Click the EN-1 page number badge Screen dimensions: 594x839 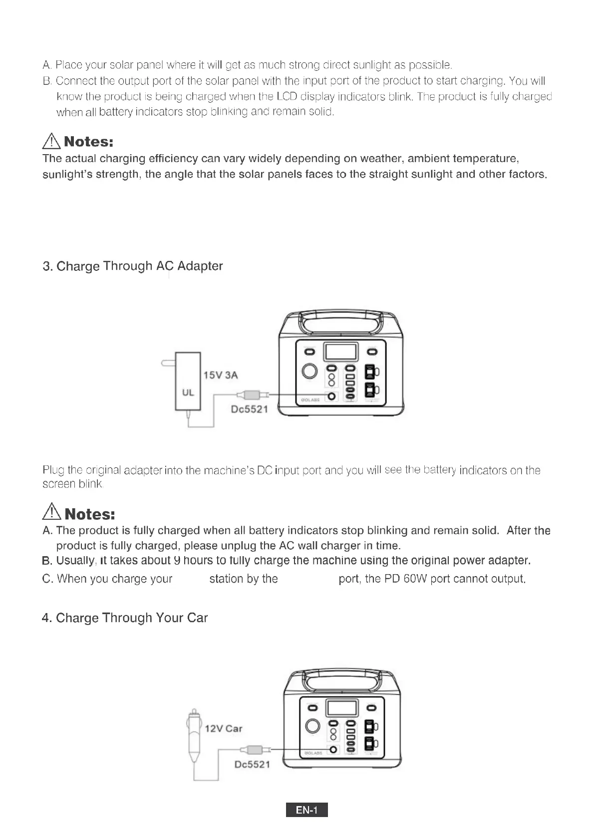coord(306,810)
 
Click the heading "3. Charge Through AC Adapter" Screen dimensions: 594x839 coord(133,266)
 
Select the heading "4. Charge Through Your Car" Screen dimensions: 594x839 coord(125,618)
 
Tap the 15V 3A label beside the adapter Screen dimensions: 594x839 coord(221,375)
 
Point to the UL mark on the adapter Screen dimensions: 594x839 coord(188,393)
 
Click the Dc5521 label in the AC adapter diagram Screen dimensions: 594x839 coord(250,410)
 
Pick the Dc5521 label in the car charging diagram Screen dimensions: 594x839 coord(252,764)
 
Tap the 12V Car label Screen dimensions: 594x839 coord(223,729)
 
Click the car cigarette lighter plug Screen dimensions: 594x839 coord(193,738)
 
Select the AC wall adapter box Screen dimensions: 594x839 coord(188,381)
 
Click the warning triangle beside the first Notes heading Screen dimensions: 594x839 coord(51,142)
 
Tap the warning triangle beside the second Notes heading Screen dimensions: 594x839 coord(52,513)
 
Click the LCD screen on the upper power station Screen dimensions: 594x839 coord(341,352)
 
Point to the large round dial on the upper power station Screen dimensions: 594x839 coord(310,371)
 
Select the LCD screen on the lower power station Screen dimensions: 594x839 coord(342,707)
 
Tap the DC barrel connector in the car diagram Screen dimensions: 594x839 coord(255,750)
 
